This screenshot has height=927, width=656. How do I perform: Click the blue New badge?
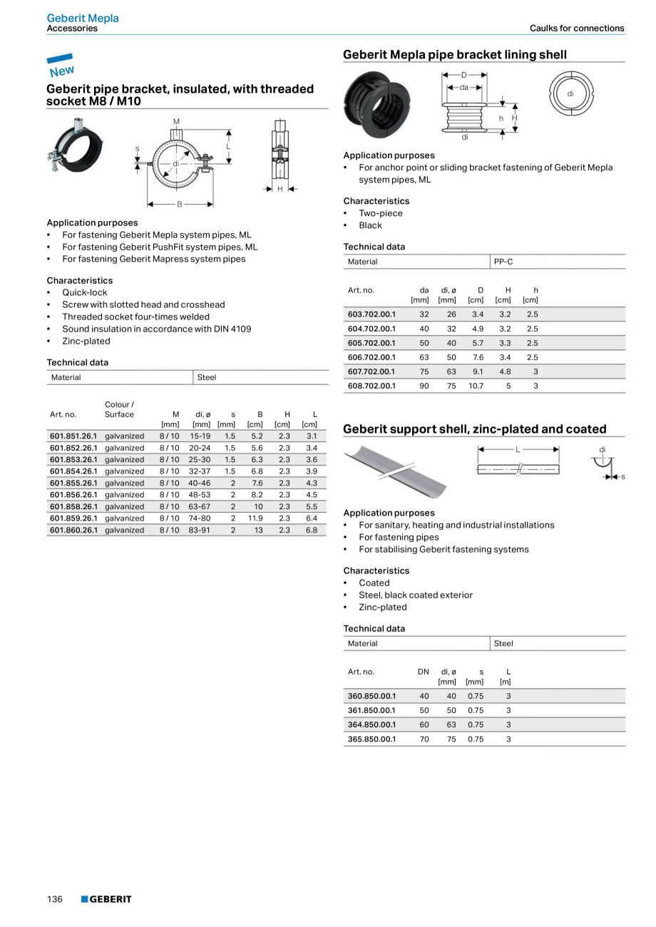(x=61, y=65)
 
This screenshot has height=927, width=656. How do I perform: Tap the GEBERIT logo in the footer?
(x=106, y=899)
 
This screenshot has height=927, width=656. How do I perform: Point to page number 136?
(x=55, y=899)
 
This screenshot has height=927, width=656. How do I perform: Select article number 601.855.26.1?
(x=73, y=483)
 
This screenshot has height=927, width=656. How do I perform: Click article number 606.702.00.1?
(x=371, y=357)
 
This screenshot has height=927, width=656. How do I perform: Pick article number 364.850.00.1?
(x=371, y=724)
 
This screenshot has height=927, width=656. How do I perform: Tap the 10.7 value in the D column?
(x=476, y=386)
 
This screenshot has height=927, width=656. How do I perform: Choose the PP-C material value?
(x=503, y=262)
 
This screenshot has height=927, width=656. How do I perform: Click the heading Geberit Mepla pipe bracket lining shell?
(x=455, y=54)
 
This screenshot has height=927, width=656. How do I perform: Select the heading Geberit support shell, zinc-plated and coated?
(x=474, y=429)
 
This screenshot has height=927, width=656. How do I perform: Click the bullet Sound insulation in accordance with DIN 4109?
(x=156, y=329)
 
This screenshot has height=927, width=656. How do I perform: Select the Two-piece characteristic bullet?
(x=380, y=213)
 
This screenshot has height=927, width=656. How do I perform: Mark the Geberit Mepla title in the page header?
(x=83, y=18)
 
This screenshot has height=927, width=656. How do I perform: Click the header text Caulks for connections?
(x=576, y=29)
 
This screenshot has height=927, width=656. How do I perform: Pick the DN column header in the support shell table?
(x=424, y=672)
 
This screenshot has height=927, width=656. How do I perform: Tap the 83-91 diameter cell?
(x=199, y=530)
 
